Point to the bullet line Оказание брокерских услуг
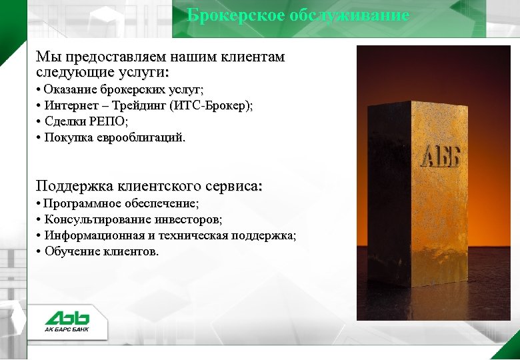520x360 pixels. [x=124, y=89]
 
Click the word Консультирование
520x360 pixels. [x=94, y=219]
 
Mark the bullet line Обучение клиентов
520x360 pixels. [x=102, y=251]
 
